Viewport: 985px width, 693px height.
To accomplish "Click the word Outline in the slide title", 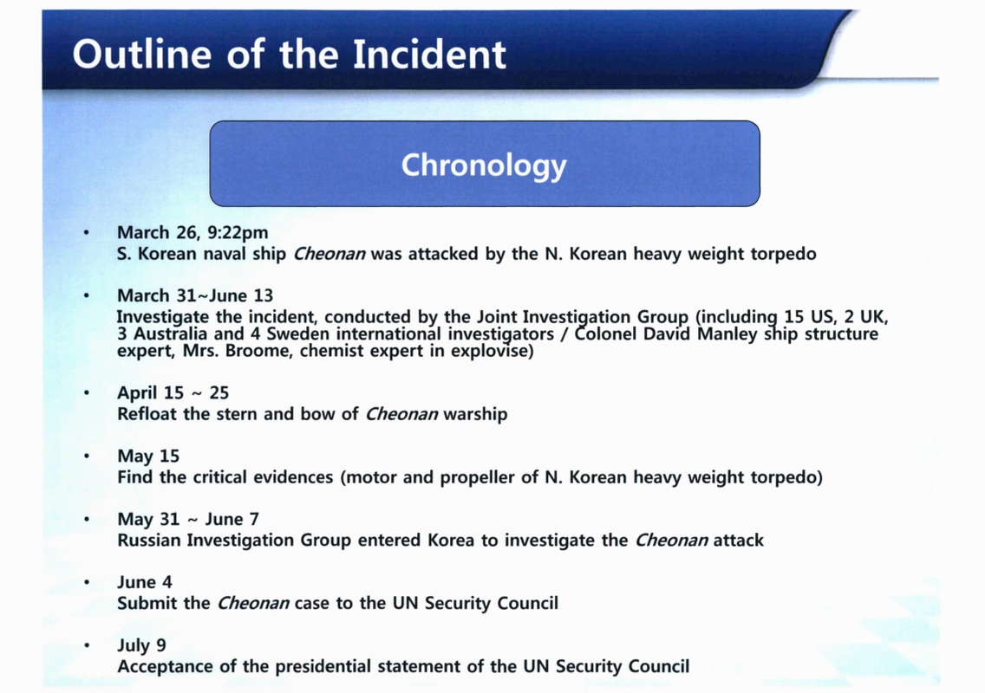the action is point(142,54).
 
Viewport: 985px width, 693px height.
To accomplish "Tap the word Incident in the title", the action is point(429,54).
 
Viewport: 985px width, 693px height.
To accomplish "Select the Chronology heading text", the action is point(484,165).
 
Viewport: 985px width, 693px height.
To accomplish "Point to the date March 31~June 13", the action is point(195,295).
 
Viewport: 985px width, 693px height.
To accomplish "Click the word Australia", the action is point(170,334).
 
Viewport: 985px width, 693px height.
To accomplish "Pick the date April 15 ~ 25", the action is point(173,393).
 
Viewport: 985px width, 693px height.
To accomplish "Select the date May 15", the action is point(148,457).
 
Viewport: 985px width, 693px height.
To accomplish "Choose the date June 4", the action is point(145,582).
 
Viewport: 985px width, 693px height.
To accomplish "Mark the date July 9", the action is point(141,645).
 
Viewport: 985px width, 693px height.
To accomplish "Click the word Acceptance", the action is point(166,667).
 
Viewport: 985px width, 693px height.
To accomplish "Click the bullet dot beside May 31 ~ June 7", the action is point(87,519).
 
